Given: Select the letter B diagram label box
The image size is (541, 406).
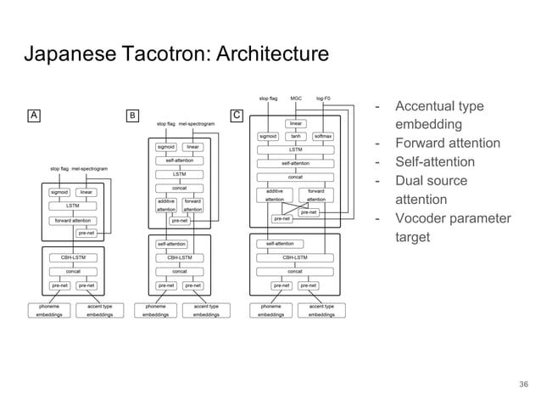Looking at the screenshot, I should click(x=132, y=115).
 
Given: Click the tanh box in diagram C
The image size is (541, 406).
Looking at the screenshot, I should click(x=295, y=135).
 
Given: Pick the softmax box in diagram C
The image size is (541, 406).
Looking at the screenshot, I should click(x=322, y=135).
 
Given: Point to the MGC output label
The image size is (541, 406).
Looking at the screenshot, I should click(x=295, y=99).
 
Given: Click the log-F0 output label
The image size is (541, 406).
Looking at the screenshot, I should click(x=323, y=99).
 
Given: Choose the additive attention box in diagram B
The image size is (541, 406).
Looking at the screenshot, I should click(x=165, y=205).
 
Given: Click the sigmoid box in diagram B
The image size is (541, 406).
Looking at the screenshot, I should click(x=165, y=146).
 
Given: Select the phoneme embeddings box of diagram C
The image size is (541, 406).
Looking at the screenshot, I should click(x=270, y=310).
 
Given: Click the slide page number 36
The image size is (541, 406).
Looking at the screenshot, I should click(x=523, y=385).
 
